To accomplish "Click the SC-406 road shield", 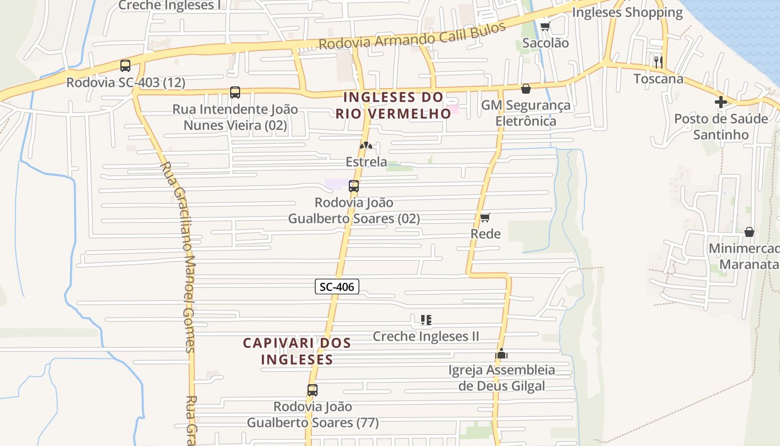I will pos(337,287).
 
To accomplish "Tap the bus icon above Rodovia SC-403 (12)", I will pos(125,66).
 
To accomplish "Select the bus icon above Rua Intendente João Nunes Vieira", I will pos(235,93).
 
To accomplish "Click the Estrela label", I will pos(366,162).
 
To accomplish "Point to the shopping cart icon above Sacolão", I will pos(545,26).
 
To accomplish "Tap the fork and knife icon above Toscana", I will pos(658,61).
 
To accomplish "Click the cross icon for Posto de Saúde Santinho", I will pos(721,102).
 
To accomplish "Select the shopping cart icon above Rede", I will pos(485,217).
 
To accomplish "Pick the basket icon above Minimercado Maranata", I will pos(749,231).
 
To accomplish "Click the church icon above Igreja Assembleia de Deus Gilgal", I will pos(501,353).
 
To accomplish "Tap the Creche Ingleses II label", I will pos(426,336).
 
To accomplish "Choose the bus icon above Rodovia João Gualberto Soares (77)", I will pos(313,390).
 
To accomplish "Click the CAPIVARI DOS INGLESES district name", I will pos(297,351).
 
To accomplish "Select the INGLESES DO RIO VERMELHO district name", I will pos(393,105).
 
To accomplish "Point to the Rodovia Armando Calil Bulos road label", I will pos(412,36).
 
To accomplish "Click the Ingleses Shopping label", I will pos(627,12).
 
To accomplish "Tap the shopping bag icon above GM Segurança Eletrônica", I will pos(525,89).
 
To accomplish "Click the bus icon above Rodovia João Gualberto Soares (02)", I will pos(354,186).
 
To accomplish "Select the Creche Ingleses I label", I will pos(167,6).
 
